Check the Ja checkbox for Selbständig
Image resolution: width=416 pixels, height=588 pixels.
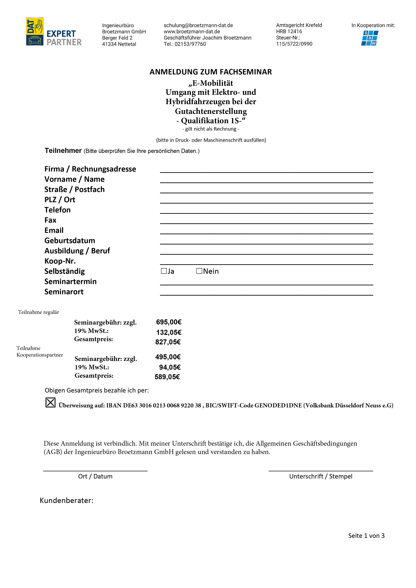point(164,271)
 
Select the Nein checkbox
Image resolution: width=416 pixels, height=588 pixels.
point(199,271)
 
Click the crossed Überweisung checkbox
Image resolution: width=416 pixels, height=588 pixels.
point(50,402)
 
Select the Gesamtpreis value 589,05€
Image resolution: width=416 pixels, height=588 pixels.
point(167,377)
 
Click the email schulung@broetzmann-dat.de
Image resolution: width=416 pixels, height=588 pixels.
point(198,25)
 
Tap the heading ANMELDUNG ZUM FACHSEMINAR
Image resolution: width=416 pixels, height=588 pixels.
point(211,72)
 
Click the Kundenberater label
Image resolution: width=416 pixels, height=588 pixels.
point(67,500)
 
